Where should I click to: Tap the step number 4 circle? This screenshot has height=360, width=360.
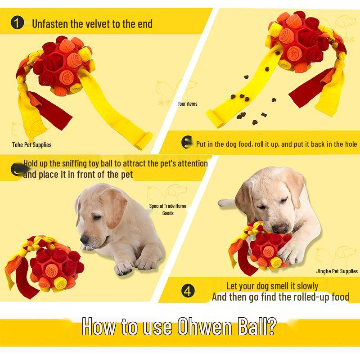[188, 290]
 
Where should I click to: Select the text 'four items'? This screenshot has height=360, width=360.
[188, 104]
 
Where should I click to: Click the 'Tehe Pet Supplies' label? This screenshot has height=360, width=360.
[31, 145]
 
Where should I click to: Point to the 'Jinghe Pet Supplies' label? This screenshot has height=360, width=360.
[337, 271]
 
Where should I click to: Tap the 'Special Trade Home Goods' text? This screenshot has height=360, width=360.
[168, 209]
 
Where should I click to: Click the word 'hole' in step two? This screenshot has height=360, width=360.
[350, 144]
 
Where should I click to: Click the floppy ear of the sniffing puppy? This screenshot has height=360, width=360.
[108, 211]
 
